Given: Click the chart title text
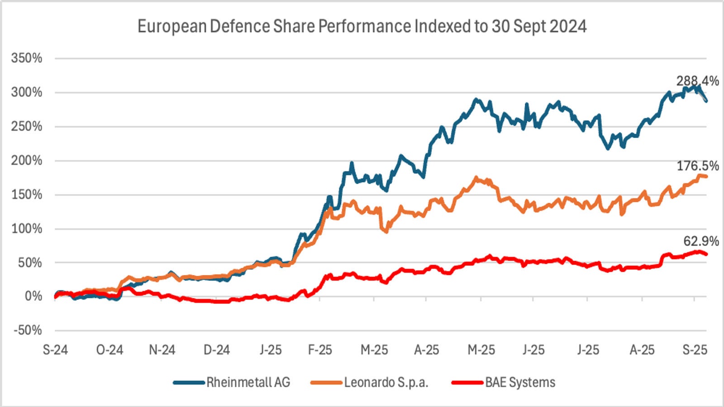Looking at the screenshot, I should (362, 26).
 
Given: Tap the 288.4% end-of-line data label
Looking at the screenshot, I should (697, 81).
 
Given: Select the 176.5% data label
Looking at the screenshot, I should (697, 166).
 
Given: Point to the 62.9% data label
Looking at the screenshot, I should (701, 241).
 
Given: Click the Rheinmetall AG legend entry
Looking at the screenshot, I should (248, 383).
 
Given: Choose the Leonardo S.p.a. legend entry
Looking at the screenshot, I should (386, 383).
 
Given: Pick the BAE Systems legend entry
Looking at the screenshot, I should (520, 383).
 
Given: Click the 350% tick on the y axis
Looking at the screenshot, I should (27, 58).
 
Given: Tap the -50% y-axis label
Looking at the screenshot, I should (28, 330).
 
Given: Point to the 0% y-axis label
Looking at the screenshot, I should (33, 296).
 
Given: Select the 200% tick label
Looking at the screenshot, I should (27, 161).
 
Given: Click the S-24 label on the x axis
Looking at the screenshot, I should (55, 350).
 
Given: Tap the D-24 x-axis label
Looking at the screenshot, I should (217, 350).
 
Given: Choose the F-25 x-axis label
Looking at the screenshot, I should (320, 350).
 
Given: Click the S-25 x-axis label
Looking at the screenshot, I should (695, 350).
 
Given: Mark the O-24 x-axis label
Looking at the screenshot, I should (110, 350).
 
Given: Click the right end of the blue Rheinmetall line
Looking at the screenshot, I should (706, 100).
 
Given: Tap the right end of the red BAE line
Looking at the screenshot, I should (706, 254).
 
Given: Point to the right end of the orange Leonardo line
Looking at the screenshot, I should (706, 176).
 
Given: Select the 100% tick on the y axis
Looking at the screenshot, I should (27, 228).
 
